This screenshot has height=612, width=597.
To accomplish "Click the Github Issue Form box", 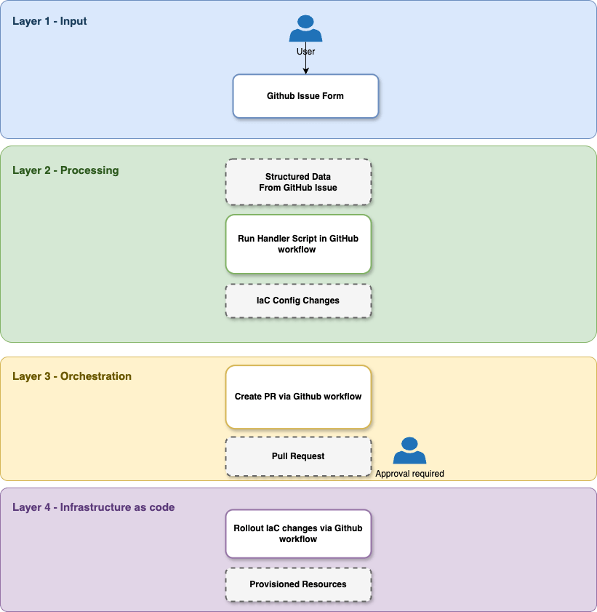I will tap(305, 95).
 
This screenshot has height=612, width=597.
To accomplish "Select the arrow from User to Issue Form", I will tap(305, 64).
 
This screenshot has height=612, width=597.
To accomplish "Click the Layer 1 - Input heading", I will tap(49, 21).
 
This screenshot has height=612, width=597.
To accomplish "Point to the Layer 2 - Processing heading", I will tap(65, 170).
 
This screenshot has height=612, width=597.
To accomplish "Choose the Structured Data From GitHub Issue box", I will tap(298, 182).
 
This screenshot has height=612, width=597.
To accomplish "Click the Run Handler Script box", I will tap(298, 244).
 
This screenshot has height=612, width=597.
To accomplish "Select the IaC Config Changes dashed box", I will tap(298, 301).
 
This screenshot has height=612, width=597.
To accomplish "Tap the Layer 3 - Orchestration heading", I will tap(72, 376).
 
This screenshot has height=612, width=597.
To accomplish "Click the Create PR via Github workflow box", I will tap(298, 397).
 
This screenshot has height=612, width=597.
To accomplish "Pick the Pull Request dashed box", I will tap(298, 456).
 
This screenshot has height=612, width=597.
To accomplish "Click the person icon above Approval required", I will tap(409, 451).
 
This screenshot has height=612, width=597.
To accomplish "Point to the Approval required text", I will tap(409, 474).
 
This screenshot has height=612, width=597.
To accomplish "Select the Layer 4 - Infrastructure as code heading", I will tap(93, 507).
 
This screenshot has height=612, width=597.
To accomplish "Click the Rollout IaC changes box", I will tap(298, 533).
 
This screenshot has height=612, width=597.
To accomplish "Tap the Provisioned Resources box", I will tap(298, 584).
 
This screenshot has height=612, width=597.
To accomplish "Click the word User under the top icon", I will tap(305, 52).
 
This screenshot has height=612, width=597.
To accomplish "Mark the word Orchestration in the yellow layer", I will tap(96, 376).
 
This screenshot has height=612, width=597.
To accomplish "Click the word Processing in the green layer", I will tap(89, 170).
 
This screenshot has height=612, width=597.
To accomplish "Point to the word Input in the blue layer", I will tap(74, 21).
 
